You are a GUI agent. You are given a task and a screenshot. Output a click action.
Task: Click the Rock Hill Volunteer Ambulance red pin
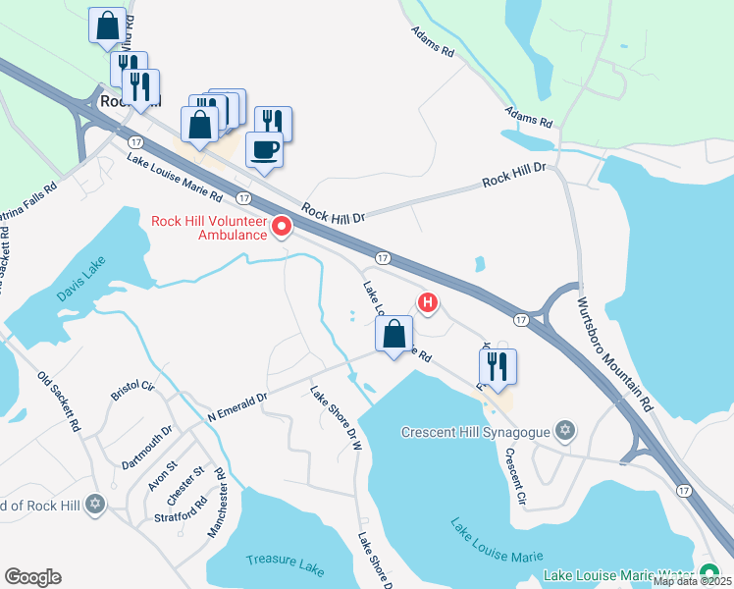click(x=283, y=228)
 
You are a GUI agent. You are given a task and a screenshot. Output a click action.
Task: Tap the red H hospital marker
click(x=427, y=302)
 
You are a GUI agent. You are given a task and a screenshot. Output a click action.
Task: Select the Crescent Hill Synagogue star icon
click(x=564, y=431)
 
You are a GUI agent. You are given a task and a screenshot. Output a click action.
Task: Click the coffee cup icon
click(x=264, y=150)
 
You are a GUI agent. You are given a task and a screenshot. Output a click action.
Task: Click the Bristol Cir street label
click(x=133, y=390)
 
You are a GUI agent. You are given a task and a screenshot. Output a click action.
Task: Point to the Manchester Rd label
click(x=218, y=503)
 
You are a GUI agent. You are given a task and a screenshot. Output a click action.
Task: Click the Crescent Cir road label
click(x=515, y=478)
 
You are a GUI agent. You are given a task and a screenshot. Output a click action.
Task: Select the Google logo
click(x=32, y=577)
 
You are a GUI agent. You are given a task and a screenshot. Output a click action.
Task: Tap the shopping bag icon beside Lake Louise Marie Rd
click(x=393, y=334)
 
